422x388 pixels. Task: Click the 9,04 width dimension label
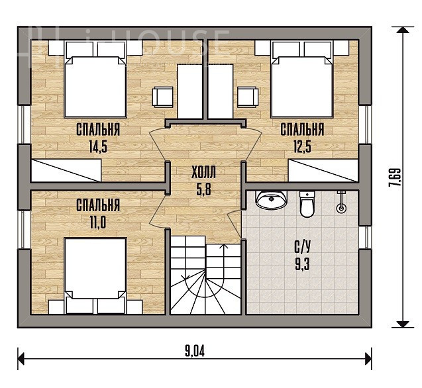(195, 351)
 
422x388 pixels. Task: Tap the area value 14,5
(98, 147)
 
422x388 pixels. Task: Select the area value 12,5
(302, 147)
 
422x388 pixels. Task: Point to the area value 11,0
(97, 222)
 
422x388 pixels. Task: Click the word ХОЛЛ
(203, 172)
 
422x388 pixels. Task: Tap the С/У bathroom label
(303, 247)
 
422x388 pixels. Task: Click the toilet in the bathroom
(307, 204)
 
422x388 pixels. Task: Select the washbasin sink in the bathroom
(271, 200)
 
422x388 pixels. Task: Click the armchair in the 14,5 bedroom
(162, 97)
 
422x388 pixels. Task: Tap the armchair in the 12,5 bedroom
(247, 97)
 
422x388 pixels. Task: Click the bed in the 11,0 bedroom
(95, 275)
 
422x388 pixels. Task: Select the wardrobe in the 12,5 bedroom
(323, 171)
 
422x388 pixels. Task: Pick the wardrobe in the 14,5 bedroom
(66, 171)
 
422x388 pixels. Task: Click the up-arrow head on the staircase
(224, 246)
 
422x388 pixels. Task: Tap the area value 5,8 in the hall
(204, 189)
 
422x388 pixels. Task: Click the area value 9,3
(303, 264)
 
